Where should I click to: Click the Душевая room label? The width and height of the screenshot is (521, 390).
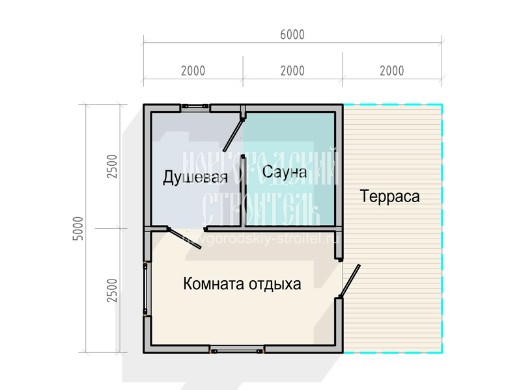click(195, 177)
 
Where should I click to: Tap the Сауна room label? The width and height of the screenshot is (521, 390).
click(284, 172)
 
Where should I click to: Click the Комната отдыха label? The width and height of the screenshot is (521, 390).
click(242, 284)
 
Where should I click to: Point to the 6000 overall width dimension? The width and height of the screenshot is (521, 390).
click(292, 35)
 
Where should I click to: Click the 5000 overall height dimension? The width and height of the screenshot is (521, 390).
click(79, 228)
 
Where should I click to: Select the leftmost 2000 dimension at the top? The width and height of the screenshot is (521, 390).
click(193, 71)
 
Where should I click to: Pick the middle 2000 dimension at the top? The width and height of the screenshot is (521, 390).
click(292, 71)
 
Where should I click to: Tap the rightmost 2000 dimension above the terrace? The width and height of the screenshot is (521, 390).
click(391, 71)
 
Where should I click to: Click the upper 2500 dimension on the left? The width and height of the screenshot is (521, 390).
click(112, 167)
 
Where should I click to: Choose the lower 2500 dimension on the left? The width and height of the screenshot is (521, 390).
click(112, 290)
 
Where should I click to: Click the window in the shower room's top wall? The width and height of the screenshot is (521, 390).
click(194, 107)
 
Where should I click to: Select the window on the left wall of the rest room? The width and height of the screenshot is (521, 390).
click(146, 289)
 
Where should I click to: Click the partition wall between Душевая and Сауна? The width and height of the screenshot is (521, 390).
click(242, 192)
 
